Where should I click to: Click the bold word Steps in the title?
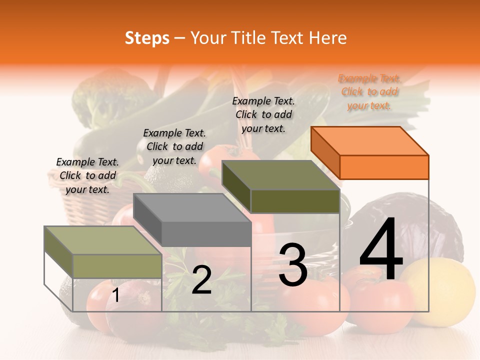(147, 38)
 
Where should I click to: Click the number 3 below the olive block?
(292, 264)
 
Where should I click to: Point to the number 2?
(201, 280)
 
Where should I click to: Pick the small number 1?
(115, 295)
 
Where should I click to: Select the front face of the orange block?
(384, 167)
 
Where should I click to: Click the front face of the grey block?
(206, 234)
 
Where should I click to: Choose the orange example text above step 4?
(369, 92)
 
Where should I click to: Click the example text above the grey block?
(174, 146)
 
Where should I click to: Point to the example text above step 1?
(87, 175)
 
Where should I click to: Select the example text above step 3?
(263, 114)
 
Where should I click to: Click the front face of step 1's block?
(117, 266)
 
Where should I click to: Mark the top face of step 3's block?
(280, 174)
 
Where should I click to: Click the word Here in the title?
(328, 38)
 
